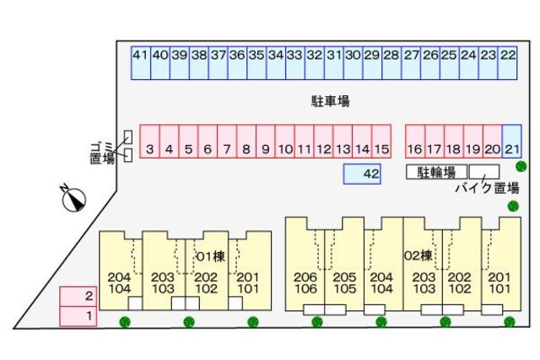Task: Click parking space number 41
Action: [140, 62]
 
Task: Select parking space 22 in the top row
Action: [508, 62]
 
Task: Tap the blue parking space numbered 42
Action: [363, 174]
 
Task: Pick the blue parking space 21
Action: [511, 142]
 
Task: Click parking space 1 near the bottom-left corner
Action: [78, 317]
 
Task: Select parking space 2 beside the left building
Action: [78, 297]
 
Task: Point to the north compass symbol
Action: [74, 199]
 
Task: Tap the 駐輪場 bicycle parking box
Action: [437, 172]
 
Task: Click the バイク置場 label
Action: [486, 188]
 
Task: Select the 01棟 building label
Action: [210, 255]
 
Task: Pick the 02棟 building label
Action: [418, 255]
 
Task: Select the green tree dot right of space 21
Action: [522, 166]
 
